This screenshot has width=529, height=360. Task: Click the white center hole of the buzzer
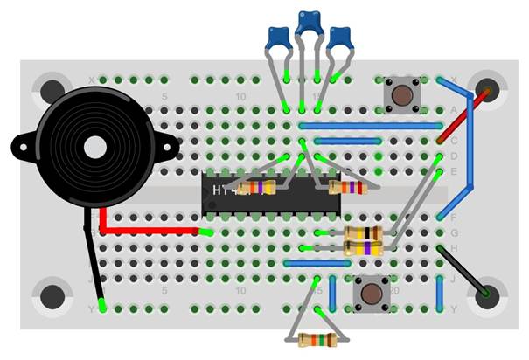pos(93,147)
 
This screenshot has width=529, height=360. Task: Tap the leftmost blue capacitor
pos(279,38)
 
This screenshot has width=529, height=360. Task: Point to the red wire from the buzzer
pos(149,231)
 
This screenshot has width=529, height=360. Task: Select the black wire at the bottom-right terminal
pos(459,271)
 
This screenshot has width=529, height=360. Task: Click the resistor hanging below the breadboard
pos(316,340)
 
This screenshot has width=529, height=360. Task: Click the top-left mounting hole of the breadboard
pos(51,91)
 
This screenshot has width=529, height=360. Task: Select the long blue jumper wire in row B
pos(367,125)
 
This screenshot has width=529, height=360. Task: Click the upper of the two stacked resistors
pos(363,232)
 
